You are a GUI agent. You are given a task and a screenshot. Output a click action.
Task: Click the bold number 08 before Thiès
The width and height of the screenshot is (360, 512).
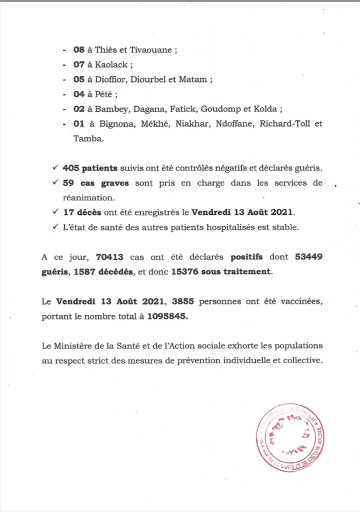point(78,50)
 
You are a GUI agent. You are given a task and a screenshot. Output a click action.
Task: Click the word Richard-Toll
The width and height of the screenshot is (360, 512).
point(286,124)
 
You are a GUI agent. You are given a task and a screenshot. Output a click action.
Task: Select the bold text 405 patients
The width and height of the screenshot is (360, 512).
point(90,168)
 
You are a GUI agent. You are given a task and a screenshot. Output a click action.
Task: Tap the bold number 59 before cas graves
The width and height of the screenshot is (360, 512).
point(68,183)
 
